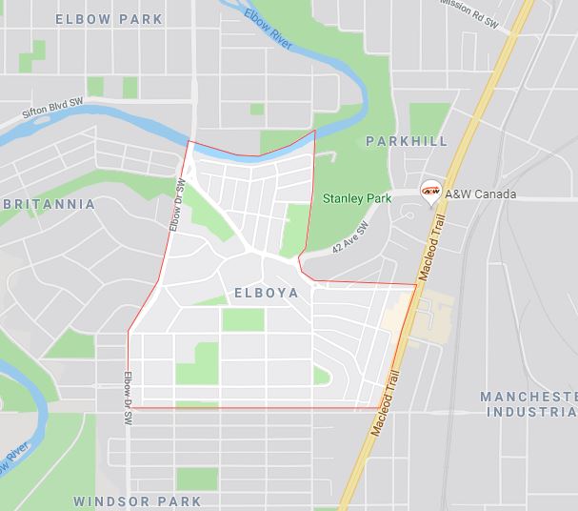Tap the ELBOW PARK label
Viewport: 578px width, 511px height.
click(x=109, y=19)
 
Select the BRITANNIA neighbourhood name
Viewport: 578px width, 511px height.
click(x=50, y=204)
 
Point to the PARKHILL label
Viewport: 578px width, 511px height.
click(x=406, y=141)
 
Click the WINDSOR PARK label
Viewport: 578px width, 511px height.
click(x=137, y=501)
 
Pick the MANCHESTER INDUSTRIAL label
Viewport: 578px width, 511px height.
click(x=529, y=404)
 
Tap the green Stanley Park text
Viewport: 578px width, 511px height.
click(x=357, y=198)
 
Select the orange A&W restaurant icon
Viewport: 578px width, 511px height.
click(x=430, y=192)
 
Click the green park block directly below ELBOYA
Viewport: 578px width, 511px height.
click(x=243, y=319)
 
